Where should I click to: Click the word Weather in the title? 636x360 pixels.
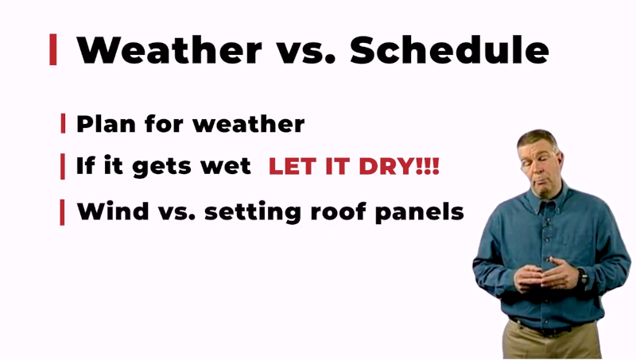pyautogui.click(x=169, y=50)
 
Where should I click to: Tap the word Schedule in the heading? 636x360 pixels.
pyautogui.click(x=449, y=50)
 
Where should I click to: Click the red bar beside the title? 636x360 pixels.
pyautogui.click(x=53, y=49)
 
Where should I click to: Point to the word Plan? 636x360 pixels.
pyautogui.click(x=107, y=124)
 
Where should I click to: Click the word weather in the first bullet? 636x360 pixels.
pyautogui.click(x=249, y=124)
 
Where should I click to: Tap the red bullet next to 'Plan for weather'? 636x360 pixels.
pyautogui.click(x=63, y=123)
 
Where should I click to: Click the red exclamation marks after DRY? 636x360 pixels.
pyautogui.click(x=428, y=166)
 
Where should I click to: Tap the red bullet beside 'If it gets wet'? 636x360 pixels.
pyautogui.click(x=63, y=166)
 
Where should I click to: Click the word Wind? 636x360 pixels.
pyautogui.click(x=113, y=211)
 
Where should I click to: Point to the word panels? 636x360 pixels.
pyautogui.click(x=420, y=212)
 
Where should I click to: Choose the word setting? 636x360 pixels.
pyautogui.click(x=253, y=212)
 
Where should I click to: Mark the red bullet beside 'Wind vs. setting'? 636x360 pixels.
pyautogui.click(x=63, y=212)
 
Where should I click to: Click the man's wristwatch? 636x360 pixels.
pyautogui.click(x=584, y=277)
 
